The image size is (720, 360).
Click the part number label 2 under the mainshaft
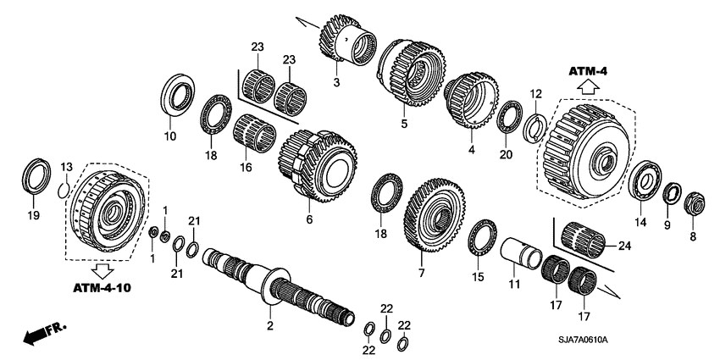click(x=269, y=325)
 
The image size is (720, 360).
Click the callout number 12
click(x=534, y=93)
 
